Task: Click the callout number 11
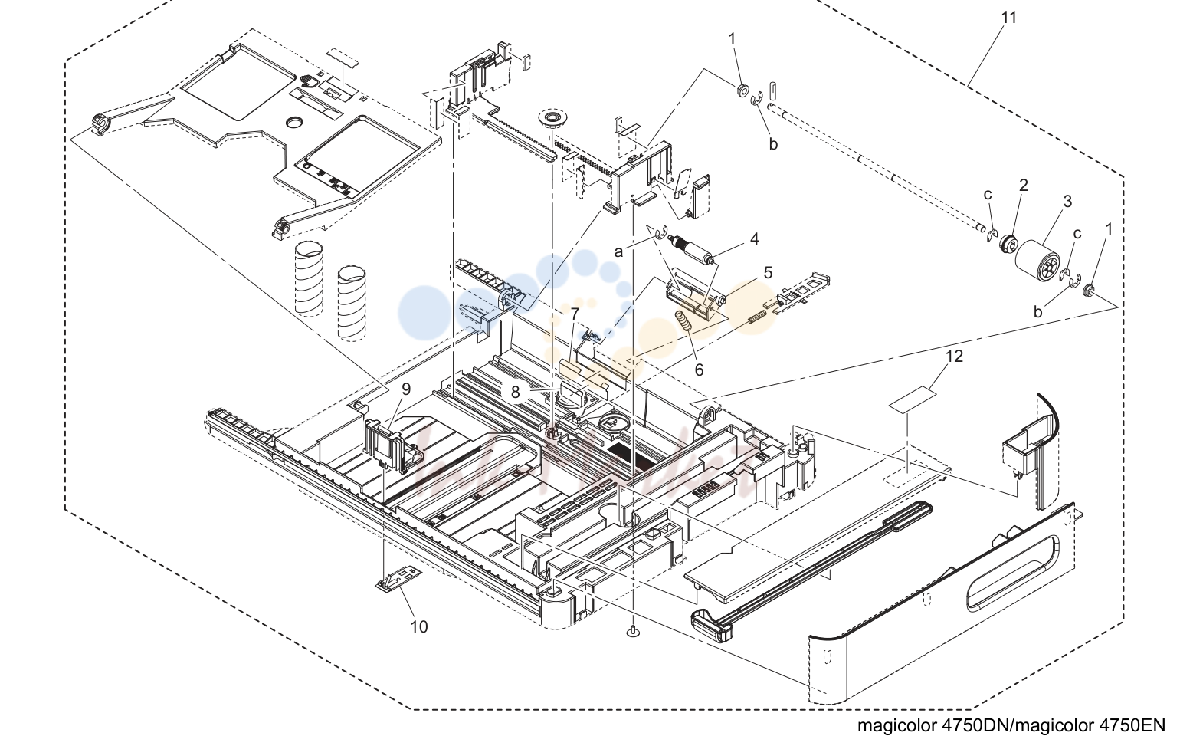tap(1008, 18)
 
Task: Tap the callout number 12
tap(954, 357)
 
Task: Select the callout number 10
tap(419, 626)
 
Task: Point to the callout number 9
tap(405, 389)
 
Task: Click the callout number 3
tap(1067, 201)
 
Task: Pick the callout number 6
tap(699, 370)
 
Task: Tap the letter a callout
tap(618, 252)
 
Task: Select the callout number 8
tap(515, 392)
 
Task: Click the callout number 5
tap(768, 273)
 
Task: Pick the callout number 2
tap(1023, 185)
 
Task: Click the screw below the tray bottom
tap(633, 630)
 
